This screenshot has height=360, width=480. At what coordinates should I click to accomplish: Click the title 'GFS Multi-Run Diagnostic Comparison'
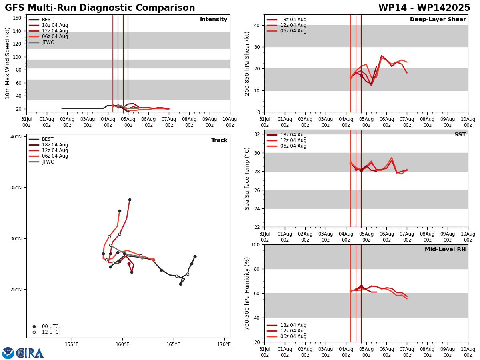(x=100, y=8)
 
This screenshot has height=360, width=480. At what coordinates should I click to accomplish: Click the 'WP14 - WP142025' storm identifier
(x=424, y=8)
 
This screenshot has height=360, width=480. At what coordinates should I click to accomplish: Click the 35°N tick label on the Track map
(x=15, y=188)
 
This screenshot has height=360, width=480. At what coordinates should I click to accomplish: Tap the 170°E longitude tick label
(x=224, y=344)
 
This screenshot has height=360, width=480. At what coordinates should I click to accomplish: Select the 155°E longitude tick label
(x=71, y=344)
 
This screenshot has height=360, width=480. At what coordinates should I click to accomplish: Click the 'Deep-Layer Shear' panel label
(x=438, y=20)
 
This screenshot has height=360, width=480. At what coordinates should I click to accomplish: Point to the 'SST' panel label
(x=460, y=135)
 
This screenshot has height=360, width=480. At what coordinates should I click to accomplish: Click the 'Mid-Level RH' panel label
(x=445, y=250)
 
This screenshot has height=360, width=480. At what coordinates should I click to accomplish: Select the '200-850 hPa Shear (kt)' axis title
(x=247, y=63)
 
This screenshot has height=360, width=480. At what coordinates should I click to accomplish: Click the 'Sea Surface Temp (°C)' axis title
(x=247, y=178)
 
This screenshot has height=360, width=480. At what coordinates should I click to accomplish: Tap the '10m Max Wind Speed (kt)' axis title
(x=8, y=63)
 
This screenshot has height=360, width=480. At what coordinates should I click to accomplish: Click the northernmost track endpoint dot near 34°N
(x=130, y=200)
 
